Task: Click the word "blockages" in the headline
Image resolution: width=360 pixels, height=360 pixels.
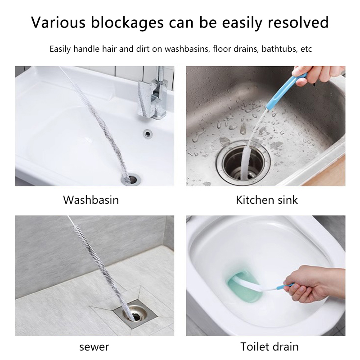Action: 127,22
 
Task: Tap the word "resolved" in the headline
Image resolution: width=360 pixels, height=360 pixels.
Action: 298,22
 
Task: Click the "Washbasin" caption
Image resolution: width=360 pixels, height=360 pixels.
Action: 91,200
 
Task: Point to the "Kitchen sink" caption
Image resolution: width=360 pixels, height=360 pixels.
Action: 267,200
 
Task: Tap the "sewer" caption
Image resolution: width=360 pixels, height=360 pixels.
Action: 94,347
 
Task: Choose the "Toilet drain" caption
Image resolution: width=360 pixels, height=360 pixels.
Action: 269,346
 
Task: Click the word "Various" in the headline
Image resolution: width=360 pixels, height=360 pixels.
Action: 58,22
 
